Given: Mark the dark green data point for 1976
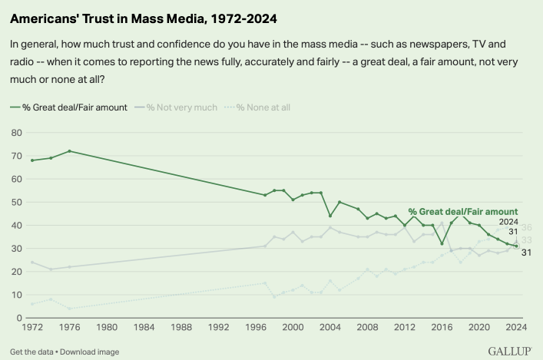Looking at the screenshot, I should (x=69, y=151).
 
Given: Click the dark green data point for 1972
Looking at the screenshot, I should (x=32, y=160).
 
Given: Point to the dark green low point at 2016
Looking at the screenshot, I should (x=442, y=244).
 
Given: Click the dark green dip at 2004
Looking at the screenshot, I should (x=330, y=216).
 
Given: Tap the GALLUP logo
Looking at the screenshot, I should (x=511, y=351).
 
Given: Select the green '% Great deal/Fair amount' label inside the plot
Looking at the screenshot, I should (x=463, y=211).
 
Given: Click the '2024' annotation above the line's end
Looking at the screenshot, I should (x=509, y=222).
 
